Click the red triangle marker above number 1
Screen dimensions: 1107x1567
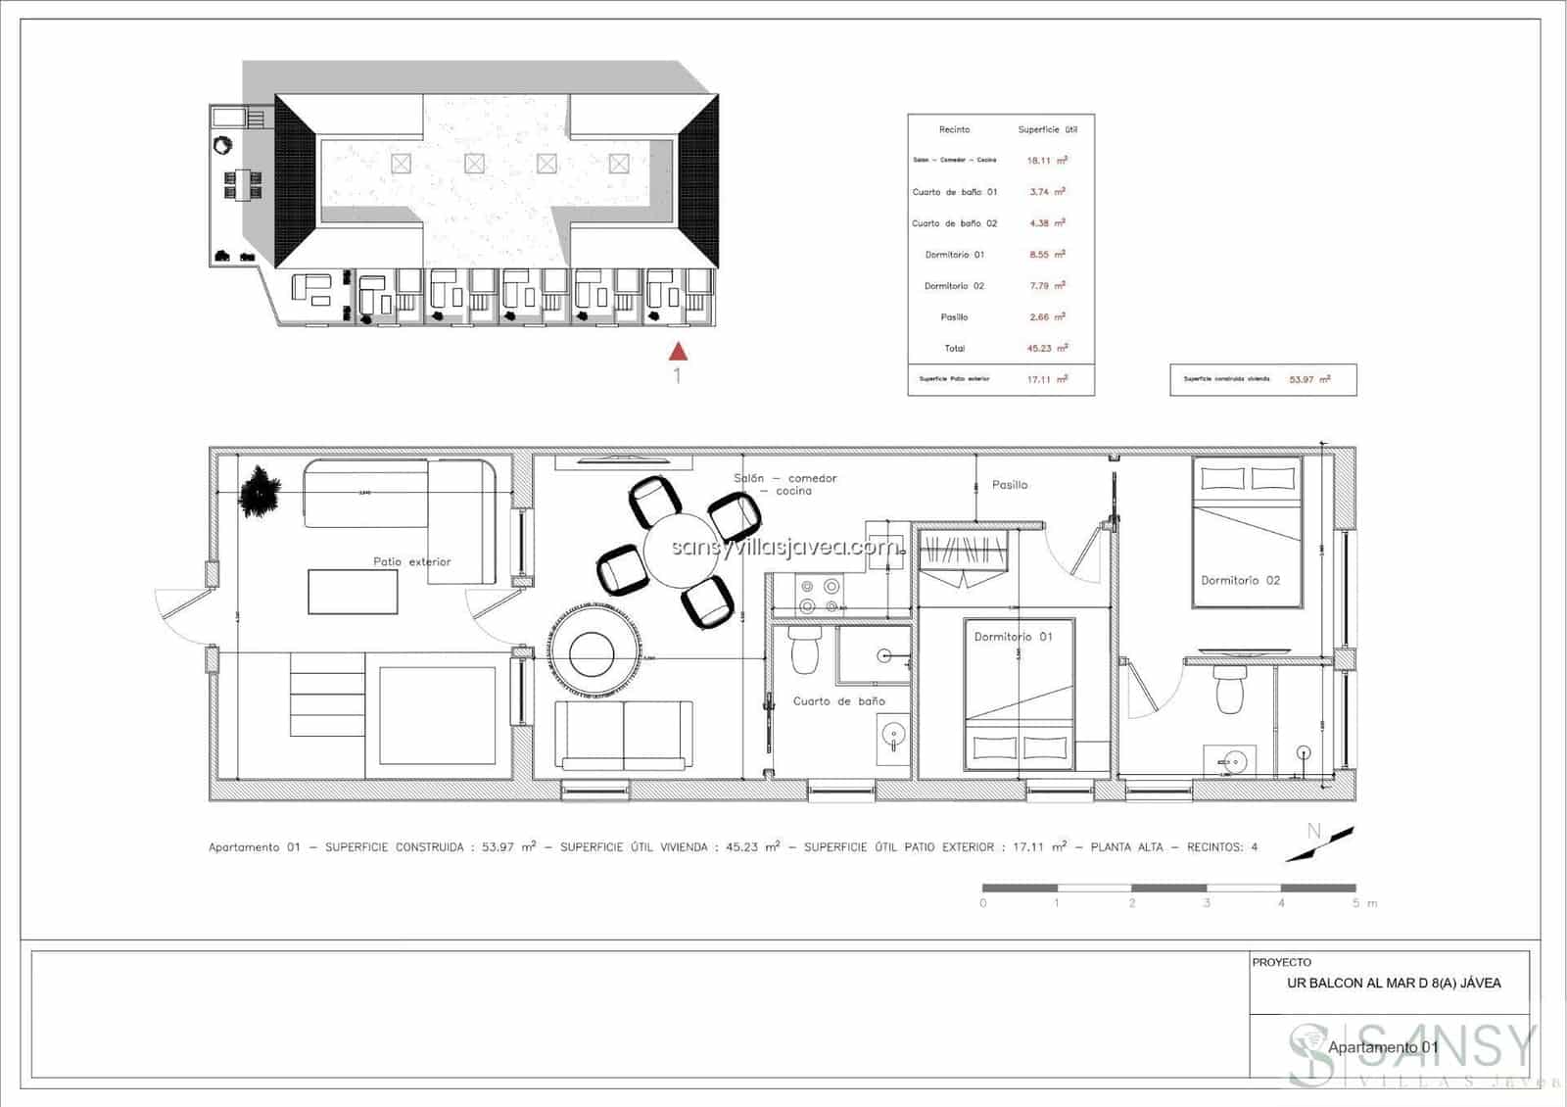678,350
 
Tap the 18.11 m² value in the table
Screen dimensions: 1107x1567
1046,161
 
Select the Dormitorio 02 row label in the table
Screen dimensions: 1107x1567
954,286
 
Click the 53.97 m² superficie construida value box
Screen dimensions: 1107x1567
1308,379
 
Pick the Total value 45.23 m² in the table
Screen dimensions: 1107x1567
1046,349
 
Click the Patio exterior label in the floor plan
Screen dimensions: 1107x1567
411,561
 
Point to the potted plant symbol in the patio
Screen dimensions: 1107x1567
260,490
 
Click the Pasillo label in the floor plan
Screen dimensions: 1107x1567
1009,485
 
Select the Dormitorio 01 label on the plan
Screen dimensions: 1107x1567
1013,637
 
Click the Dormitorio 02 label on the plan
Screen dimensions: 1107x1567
1240,580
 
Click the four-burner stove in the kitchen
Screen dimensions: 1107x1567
819,597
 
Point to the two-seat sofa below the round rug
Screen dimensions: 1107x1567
624,735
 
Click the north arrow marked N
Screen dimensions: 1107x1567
1317,842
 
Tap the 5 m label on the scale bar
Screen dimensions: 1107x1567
1363,903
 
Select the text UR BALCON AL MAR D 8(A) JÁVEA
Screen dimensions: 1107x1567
1393,984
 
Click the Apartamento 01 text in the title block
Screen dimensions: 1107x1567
1382,1047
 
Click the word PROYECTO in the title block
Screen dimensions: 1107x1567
1281,962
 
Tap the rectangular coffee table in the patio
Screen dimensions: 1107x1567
353,592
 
